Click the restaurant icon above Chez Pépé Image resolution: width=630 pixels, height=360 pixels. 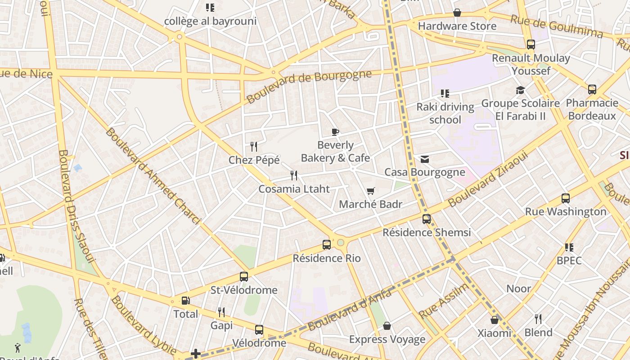pos(254,146)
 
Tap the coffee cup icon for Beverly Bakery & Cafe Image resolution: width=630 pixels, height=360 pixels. pos(335,132)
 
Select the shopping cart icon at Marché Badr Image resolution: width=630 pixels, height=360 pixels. pos(370,191)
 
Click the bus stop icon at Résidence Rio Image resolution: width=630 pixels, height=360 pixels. pos(327,245)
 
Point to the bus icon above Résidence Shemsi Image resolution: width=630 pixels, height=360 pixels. pos(426,219)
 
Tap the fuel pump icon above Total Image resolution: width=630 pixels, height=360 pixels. pos(185,301)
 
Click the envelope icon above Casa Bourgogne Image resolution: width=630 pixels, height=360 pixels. pos(424,159)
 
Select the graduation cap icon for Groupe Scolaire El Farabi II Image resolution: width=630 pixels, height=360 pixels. pos(520,90)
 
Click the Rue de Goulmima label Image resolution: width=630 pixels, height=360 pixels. pos(556,26)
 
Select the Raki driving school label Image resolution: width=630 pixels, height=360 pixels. pos(445,113)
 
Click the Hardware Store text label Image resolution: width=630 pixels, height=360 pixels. pos(457,26)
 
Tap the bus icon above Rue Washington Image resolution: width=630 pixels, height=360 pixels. pos(566,198)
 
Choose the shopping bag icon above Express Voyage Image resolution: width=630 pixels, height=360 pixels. pos(387,326)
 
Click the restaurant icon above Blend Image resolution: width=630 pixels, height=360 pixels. pos(538,319)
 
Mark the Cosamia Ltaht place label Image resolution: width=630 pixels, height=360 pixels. pos(294,189)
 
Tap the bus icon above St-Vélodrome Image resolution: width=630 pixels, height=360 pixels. pos(244,277)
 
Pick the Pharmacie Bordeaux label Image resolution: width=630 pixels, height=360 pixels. pos(592,109)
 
